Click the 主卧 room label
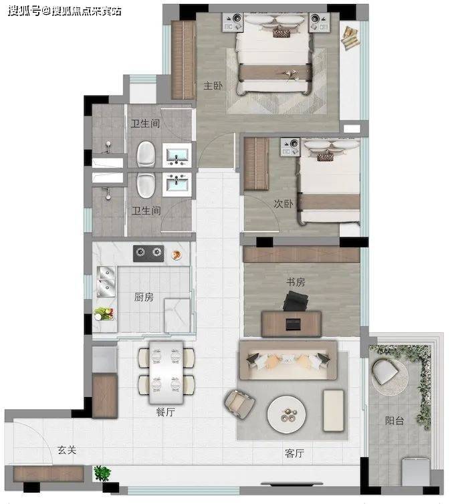coord(213,86)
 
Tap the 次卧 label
coord(284,203)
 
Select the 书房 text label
coord(296,282)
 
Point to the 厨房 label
coord(144,297)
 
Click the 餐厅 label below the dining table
coord(165,412)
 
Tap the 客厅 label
coord(294,453)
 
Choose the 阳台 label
coord(394,420)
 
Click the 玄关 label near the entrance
coord(67,450)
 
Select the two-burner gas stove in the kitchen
coord(148,253)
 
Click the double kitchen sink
coord(106,282)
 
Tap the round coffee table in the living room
coord(287,414)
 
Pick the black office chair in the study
coord(296,301)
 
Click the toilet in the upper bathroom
coord(146,154)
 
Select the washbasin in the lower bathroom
coord(177,184)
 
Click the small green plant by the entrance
coord(102,473)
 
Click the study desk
coord(292,324)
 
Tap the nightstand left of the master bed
coord(233,23)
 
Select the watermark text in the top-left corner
coord(65,11)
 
